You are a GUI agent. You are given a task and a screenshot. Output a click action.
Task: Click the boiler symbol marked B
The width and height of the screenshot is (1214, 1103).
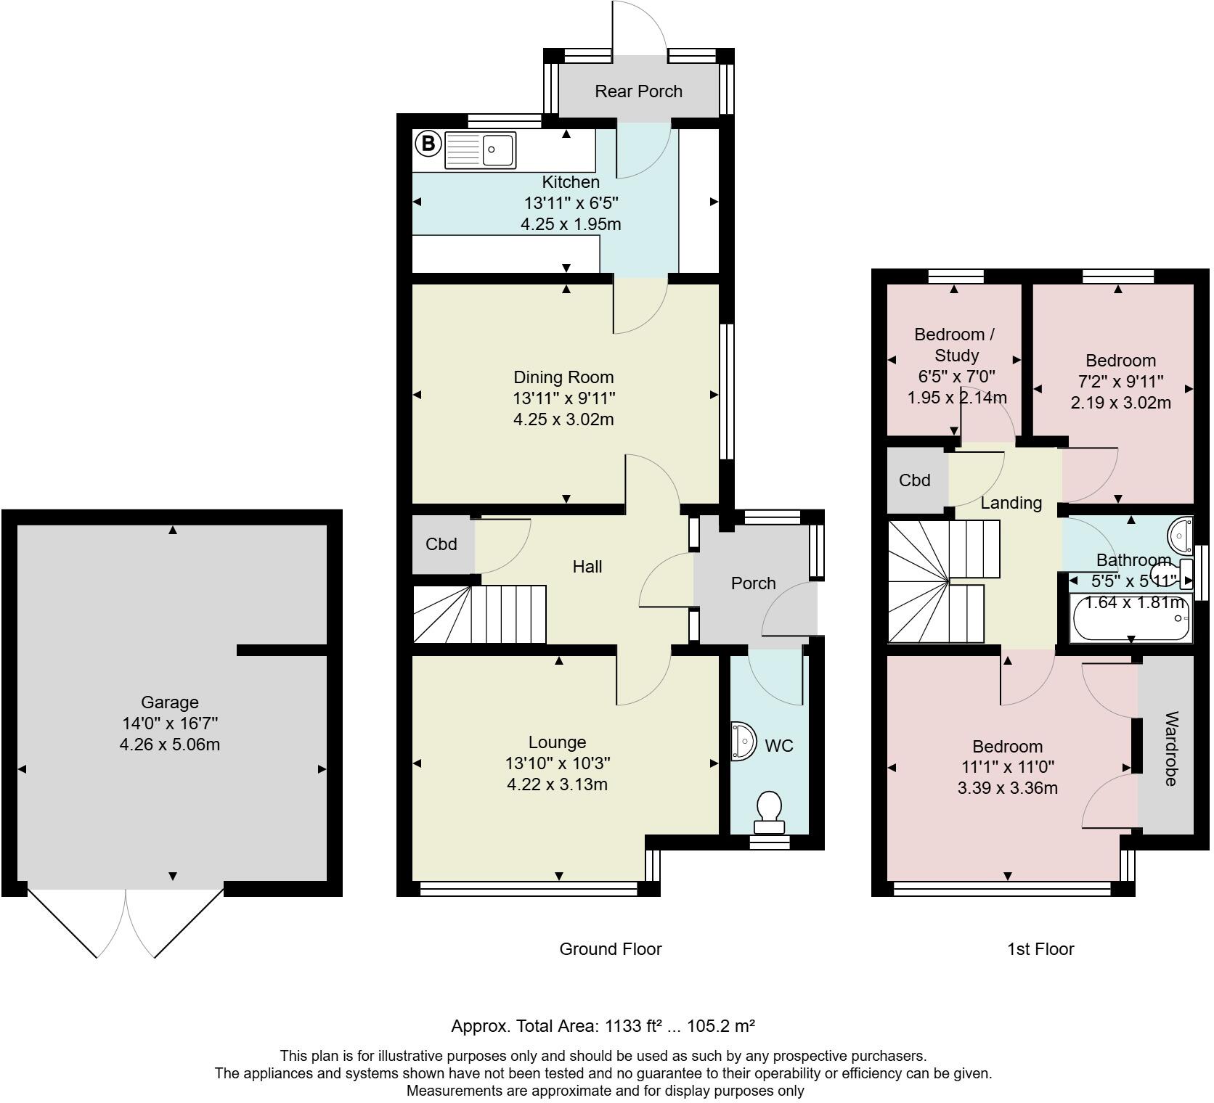(x=428, y=144)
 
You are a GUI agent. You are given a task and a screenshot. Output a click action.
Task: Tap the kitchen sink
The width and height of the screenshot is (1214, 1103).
(x=480, y=150)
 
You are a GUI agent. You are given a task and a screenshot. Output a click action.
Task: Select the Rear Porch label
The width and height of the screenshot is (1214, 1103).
(x=639, y=91)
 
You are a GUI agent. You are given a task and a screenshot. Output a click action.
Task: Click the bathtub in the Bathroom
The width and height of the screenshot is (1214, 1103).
(x=1131, y=618)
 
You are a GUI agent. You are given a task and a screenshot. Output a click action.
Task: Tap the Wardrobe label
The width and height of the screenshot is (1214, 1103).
(x=1170, y=749)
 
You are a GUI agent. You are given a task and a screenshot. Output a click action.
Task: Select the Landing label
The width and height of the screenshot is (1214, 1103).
(x=1011, y=503)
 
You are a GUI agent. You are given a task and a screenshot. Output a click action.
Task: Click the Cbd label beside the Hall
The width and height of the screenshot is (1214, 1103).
(x=441, y=544)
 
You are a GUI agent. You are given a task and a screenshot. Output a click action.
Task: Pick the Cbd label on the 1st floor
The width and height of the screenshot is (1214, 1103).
(x=915, y=480)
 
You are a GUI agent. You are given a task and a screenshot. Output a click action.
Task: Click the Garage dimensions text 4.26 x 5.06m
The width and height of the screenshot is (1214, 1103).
(x=170, y=745)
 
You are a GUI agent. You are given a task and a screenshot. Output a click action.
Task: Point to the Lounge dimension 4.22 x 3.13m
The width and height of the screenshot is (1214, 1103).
(x=558, y=784)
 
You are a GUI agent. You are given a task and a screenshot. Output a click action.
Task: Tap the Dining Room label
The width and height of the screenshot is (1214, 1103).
(x=563, y=377)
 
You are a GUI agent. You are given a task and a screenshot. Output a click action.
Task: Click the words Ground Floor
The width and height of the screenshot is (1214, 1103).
(x=611, y=949)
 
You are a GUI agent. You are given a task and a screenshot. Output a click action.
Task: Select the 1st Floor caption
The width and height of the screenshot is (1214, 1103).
(x=1040, y=949)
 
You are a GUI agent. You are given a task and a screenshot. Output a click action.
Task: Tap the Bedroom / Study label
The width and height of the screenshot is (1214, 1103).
(x=955, y=345)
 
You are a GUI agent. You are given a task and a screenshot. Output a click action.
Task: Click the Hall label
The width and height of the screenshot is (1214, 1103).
(x=587, y=567)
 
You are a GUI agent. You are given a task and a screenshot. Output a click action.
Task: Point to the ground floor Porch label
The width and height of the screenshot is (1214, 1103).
(x=754, y=583)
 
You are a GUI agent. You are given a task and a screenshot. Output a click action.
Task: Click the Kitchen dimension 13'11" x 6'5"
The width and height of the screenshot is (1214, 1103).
(x=571, y=203)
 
